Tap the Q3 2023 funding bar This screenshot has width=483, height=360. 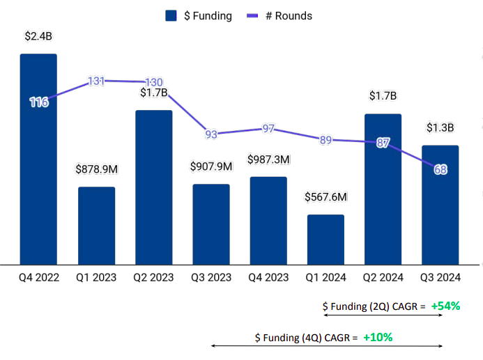[211, 224]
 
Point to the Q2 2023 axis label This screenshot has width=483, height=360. [153, 277]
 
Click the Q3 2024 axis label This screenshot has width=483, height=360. [440, 277]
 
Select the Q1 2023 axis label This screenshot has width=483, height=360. [96, 277]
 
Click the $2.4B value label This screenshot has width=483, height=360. [38, 36]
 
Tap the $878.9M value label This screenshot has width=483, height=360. [96, 169]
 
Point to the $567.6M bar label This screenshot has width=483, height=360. [325, 197]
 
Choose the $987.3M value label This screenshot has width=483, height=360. [268, 159]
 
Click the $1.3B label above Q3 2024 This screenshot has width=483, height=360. [440, 128]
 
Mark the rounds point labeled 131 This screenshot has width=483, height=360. [96, 81]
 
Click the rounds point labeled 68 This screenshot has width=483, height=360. [440, 169]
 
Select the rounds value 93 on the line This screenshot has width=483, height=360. [211, 134]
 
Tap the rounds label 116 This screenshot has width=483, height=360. [38, 102]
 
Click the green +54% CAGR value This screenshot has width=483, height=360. [445, 306]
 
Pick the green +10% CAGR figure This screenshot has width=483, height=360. [377, 337]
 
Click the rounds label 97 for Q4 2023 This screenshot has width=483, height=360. [268, 128]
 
